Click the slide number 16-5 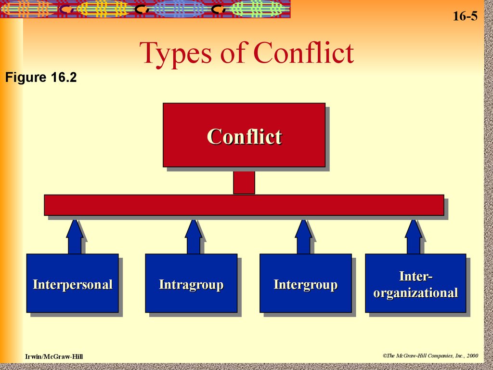coord(465,16)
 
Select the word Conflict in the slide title coord(304,53)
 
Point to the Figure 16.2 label coord(41,78)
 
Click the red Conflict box coord(244,135)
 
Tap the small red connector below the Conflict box coord(244,183)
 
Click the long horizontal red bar coord(244,205)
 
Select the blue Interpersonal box coord(72,283)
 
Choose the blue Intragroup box coord(191,283)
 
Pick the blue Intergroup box coord(305,283)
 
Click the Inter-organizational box coord(415,283)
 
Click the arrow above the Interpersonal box coord(75,237)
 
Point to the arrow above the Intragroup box coord(194,237)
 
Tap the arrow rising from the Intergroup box coord(303,237)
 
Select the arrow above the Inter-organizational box coord(414,237)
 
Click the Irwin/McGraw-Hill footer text coord(54,357)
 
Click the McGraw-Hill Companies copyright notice coord(430,355)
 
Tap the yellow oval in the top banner coord(103,9)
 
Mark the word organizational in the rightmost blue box coord(415,293)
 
